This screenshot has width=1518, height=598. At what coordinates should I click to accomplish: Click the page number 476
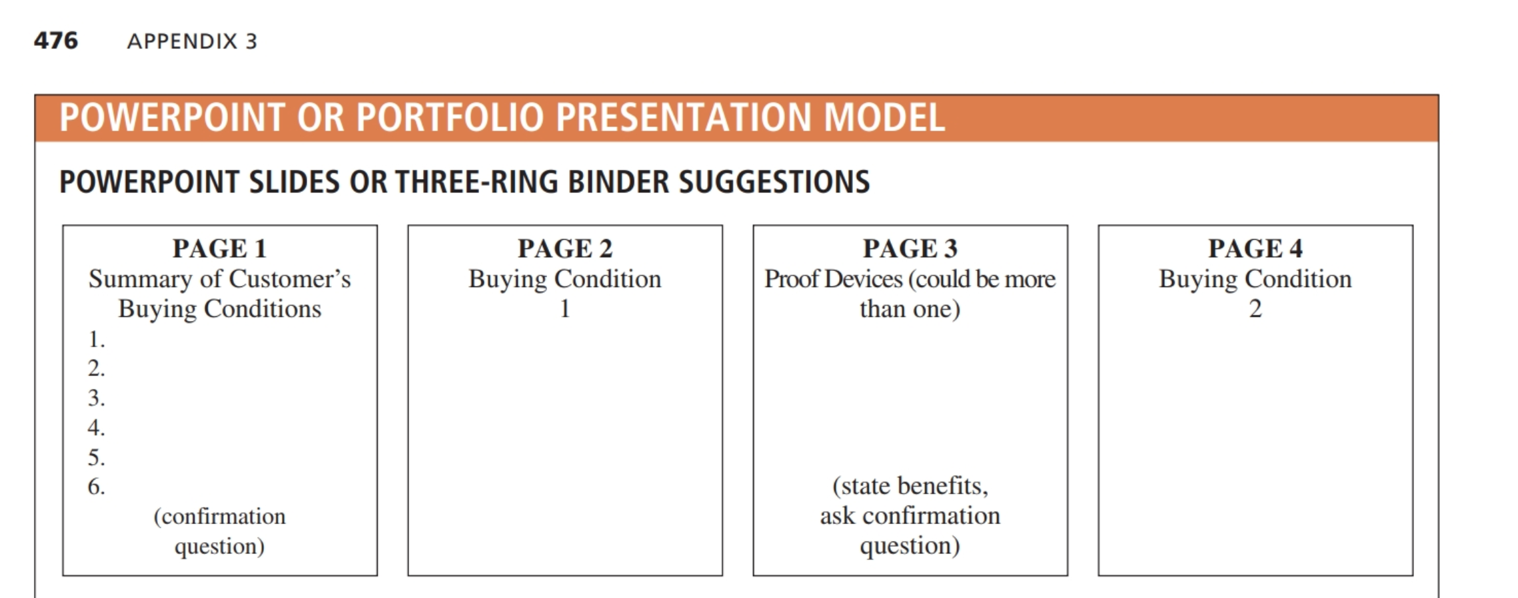56,41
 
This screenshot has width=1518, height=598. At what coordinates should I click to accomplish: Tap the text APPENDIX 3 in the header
192,41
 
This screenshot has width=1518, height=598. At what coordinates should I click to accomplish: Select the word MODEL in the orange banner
884,117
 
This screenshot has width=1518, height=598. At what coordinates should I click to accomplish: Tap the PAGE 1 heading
220,248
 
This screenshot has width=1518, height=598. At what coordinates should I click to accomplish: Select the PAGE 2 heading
565,248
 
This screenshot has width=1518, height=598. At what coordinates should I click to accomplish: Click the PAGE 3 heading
910,248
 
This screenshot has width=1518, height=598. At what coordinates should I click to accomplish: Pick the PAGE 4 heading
1255,248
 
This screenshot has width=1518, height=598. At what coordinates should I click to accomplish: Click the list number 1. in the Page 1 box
97,339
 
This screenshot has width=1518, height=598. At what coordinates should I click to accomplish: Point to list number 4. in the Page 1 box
97,428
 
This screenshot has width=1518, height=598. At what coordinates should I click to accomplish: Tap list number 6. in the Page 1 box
97,487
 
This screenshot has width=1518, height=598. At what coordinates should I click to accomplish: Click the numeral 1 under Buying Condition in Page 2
565,309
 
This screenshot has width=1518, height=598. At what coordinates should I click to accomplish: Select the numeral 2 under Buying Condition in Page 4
1255,309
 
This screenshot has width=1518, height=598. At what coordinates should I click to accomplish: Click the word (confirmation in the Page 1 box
220,517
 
